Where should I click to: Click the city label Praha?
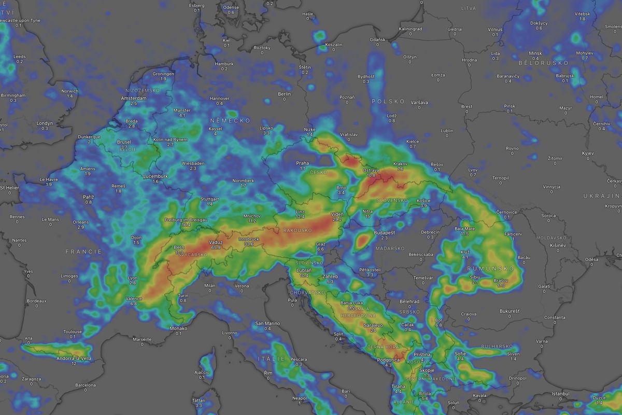(x=302, y=163)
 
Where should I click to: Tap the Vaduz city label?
(x=216, y=242)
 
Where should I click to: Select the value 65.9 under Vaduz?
(x=216, y=248)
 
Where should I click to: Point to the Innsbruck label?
(x=248, y=239)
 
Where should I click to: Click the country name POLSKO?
(x=388, y=101)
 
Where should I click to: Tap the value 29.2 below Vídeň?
(x=337, y=219)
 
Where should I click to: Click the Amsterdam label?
(x=134, y=98)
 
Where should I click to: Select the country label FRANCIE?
(x=83, y=251)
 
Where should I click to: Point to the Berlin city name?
(x=284, y=94)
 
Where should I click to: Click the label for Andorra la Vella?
(x=74, y=358)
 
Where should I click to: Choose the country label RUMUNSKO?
(x=490, y=269)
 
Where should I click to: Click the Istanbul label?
(x=560, y=394)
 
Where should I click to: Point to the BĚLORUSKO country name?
(x=543, y=63)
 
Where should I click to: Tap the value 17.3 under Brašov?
(x=501, y=285)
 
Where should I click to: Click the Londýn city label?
(x=45, y=123)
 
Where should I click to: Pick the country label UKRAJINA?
(x=601, y=196)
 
